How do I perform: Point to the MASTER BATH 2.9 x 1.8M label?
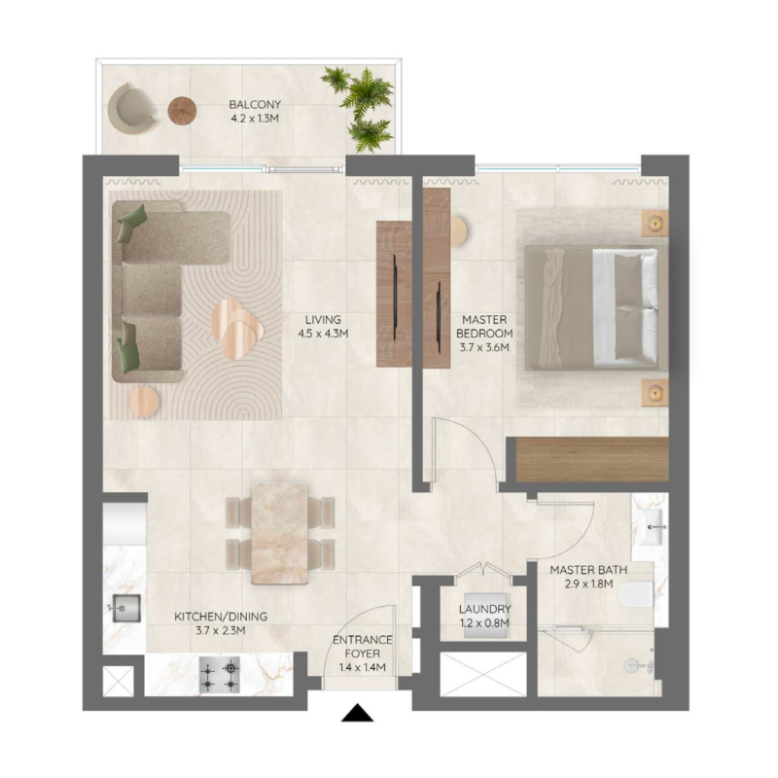[x=588, y=578]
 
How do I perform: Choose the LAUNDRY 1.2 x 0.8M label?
[x=484, y=616]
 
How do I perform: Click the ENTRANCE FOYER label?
[x=362, y=654]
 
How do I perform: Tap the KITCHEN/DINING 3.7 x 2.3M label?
[x=221, y=623]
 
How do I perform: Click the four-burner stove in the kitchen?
[x=220, y=675]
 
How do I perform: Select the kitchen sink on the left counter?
[x=124, y=610]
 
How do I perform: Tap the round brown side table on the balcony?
[x=182, y=111]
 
